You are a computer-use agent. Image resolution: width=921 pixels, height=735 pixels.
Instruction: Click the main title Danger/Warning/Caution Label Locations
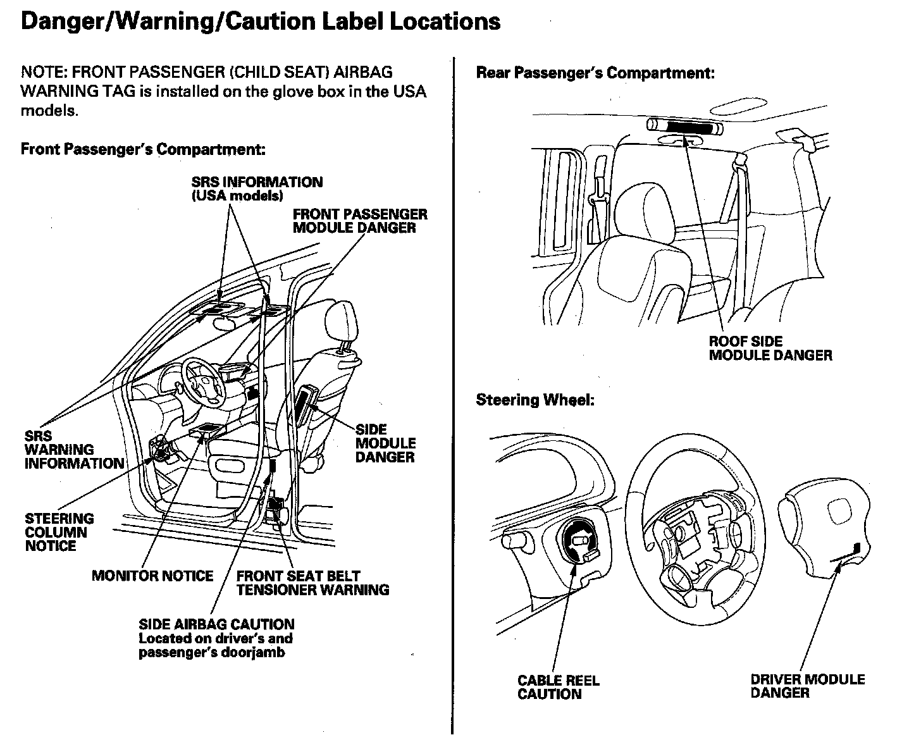click(261, 22)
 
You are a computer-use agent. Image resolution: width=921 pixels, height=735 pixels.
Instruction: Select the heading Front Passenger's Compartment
click(142, 149)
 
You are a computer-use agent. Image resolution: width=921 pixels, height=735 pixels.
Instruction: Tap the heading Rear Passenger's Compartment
click(595, 73)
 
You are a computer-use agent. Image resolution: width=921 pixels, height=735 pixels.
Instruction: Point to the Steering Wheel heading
click(535, 400)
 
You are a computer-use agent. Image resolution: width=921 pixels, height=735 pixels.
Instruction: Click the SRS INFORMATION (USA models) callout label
click(257, 188)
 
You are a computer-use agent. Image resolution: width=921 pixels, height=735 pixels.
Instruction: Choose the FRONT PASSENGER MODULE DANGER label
click(359, 221)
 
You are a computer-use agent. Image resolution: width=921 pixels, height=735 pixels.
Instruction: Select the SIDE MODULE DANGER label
click(385, 443)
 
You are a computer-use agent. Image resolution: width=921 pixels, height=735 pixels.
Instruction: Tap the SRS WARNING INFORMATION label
click(74, 450)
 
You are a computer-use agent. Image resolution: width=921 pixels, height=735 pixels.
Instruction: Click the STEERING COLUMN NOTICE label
click(59, 532)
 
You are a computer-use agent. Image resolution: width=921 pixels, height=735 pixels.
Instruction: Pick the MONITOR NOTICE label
click(152, 576)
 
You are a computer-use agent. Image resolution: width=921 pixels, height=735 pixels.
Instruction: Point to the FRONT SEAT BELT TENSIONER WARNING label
click(312, 583)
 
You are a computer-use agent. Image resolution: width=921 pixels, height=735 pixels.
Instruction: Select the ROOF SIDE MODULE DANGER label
click(770, 349)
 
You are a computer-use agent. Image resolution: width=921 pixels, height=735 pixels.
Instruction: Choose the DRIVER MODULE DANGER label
click(807, 686)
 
